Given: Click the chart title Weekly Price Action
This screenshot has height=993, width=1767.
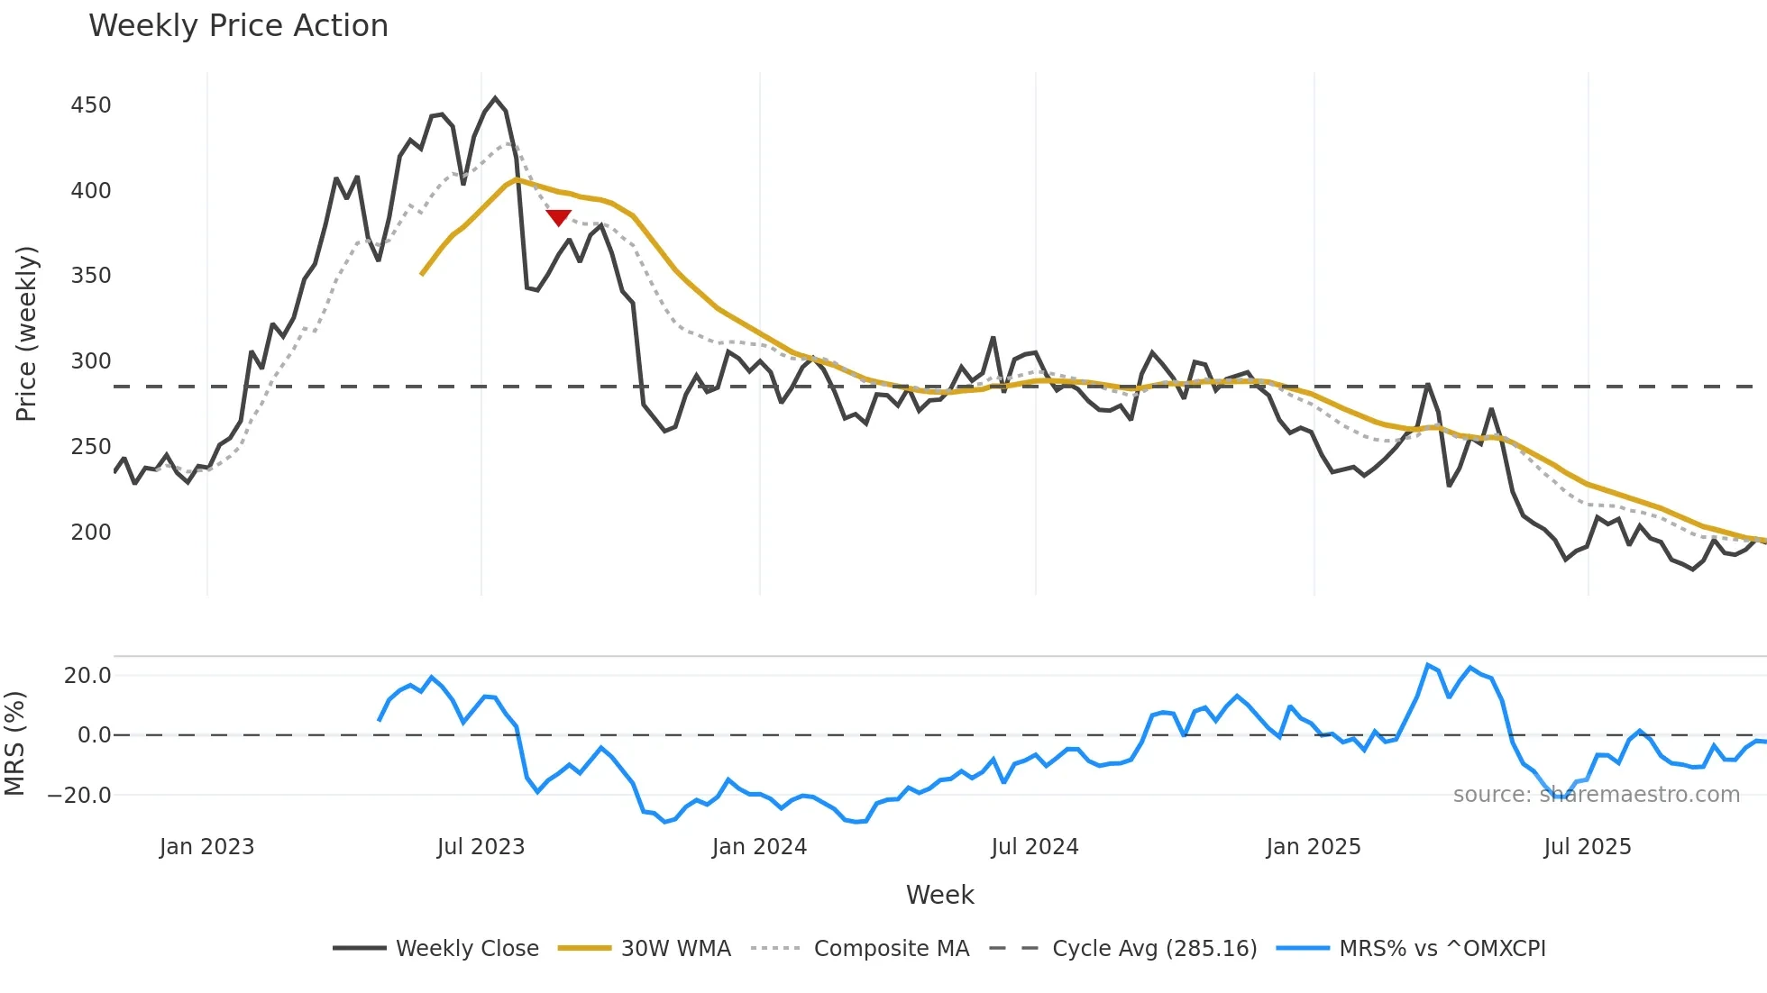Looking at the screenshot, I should (238, 26).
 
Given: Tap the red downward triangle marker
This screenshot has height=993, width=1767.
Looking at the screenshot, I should (558, 217).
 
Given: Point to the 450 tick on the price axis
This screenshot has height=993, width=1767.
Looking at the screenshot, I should (91, 105).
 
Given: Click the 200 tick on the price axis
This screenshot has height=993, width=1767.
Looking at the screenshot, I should (91, 533).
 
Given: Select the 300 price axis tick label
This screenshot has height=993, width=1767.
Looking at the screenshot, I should (91, 361).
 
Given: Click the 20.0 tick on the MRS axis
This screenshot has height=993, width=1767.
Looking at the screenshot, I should (87, 676).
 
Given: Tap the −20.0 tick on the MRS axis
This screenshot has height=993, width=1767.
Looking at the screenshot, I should (79, 796).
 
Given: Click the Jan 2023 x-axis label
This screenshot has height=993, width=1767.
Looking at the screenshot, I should (206, 847).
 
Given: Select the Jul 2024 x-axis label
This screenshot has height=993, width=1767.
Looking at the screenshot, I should (1034, 847).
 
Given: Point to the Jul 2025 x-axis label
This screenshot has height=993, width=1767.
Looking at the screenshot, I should (1587, 847).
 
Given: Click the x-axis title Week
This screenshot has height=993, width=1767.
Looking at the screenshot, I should (939, 895).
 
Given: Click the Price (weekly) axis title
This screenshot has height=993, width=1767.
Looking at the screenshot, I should (26, 333).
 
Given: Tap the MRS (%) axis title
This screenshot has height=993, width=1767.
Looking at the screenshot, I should (14, 743).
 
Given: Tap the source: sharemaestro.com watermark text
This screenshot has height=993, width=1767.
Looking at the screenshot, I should (1596, 795).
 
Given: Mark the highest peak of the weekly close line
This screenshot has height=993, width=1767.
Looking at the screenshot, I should (495, 98).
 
